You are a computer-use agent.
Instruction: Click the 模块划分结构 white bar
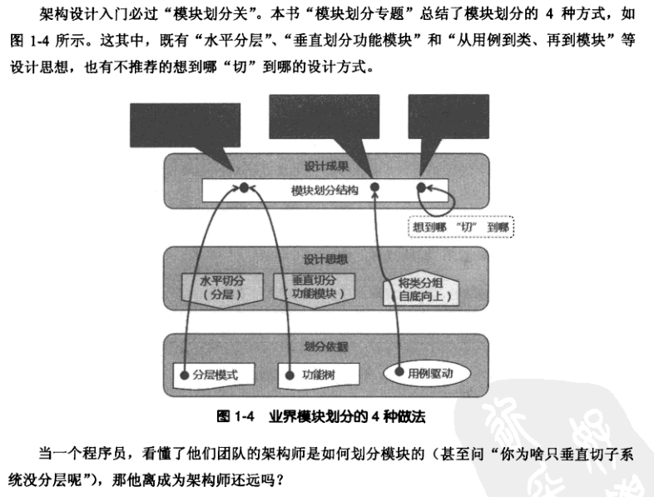coord(325,190)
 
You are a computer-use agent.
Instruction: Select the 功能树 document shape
coord(320,374)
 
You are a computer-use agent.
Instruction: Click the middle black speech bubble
coord(331,122)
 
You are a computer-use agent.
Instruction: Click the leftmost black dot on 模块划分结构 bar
coord(244,188)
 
